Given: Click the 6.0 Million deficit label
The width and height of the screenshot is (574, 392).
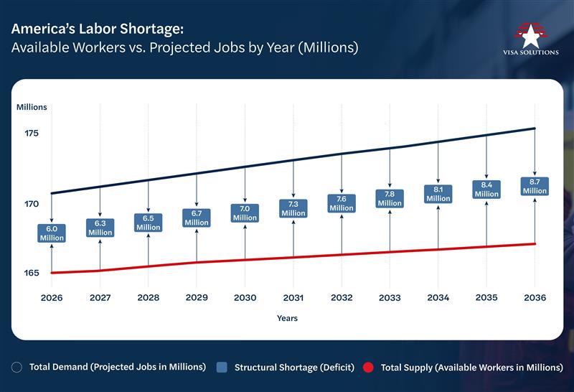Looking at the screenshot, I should tap(52, 233).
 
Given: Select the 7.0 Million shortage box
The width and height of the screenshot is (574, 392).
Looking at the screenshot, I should tap(245, 213).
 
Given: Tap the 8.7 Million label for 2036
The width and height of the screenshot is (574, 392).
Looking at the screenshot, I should tap(535, 186).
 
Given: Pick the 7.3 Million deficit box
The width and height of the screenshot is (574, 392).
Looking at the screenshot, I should tap(293, 208).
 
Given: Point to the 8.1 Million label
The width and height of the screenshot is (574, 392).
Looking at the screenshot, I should tap(438, 194).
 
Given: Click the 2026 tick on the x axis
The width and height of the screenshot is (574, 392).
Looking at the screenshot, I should tap(52, 297).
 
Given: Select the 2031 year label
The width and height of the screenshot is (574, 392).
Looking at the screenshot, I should tap(293, 297).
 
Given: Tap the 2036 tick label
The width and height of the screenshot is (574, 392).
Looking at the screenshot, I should tap(535, 297).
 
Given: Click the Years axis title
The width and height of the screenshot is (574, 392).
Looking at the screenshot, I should tap(287, 318).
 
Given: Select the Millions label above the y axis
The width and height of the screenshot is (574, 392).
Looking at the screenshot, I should tap(32, 107).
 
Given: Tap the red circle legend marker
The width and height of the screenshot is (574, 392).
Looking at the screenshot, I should tap(368, 368).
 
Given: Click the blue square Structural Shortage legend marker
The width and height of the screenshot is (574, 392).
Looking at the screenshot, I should tap(222, 368).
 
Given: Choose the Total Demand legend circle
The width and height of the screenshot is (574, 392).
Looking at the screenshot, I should tap(17, 368).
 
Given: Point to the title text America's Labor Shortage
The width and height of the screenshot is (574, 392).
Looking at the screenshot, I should tap(98, 29).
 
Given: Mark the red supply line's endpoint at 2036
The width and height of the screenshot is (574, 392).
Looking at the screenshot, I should tap(535, 244).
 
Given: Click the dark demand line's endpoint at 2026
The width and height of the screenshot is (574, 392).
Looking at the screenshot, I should tap(52, 193).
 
